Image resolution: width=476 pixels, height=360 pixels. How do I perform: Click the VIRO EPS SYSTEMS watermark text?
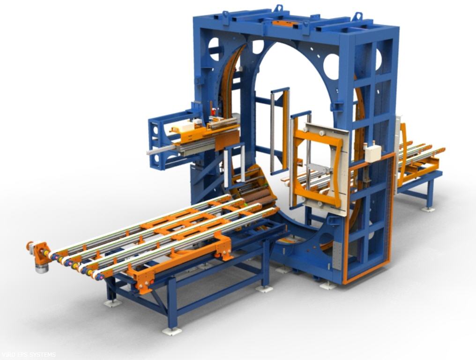[28, 354]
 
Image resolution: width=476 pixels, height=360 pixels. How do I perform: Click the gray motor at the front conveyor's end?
[42, 268]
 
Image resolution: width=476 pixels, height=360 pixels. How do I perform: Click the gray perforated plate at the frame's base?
[337, 255]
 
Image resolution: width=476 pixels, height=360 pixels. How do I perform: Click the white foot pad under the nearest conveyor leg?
[172, 330]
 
